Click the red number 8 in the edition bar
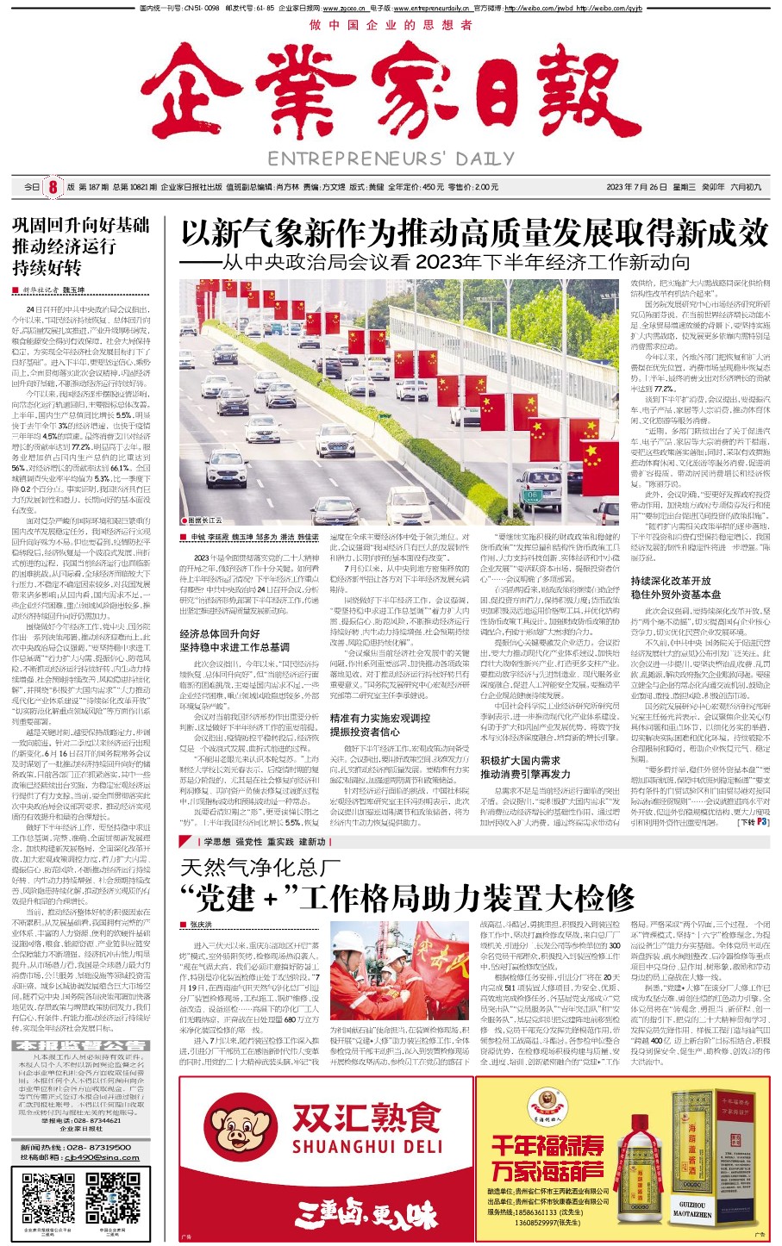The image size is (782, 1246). coord(53,187)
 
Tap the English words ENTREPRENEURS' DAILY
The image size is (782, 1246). coord(391,159)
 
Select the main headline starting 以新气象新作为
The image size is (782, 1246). coord(473,233)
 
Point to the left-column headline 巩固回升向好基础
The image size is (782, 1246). coord(81,226)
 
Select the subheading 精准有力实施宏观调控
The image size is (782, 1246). coord(379,718)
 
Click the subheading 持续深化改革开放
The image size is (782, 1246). coord(671,581)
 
